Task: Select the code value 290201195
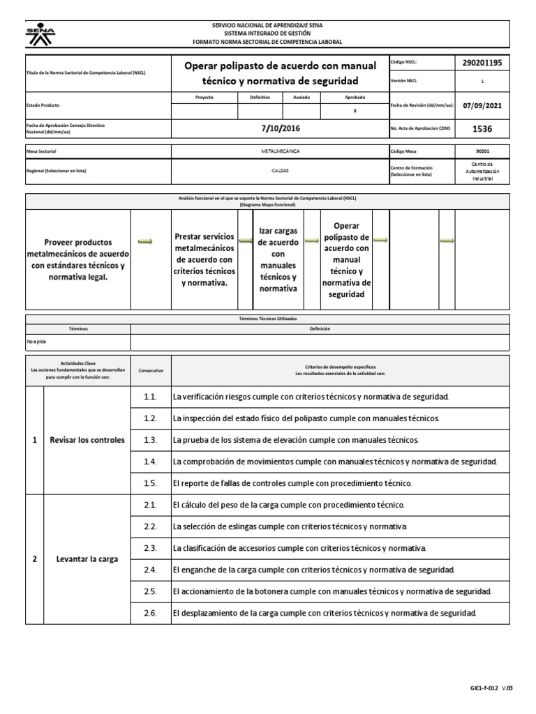[x=482, y=63]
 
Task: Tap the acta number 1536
[x=482, y=129]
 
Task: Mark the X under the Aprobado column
[x=355, y=111]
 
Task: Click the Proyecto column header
[x=204, y=98]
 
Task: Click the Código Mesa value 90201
[x=482, y=151]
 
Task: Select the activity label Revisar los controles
[x=87, y=440]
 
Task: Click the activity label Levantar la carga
[x=87, y=559]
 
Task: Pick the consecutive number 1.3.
[x=150, y=440]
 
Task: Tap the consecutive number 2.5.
[x=150, y=591]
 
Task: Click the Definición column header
[x=320, y=328]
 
